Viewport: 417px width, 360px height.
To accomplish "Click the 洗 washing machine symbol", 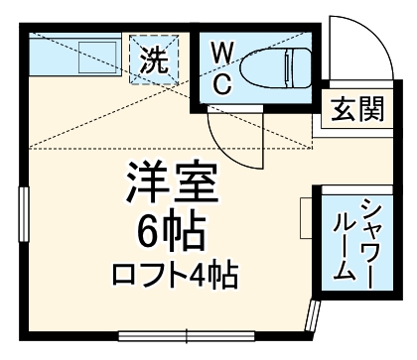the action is [x=153, y=60].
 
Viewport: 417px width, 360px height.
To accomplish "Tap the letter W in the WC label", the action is [x=223, y=53].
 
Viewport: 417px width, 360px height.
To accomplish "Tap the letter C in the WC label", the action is [x=223, y=82].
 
